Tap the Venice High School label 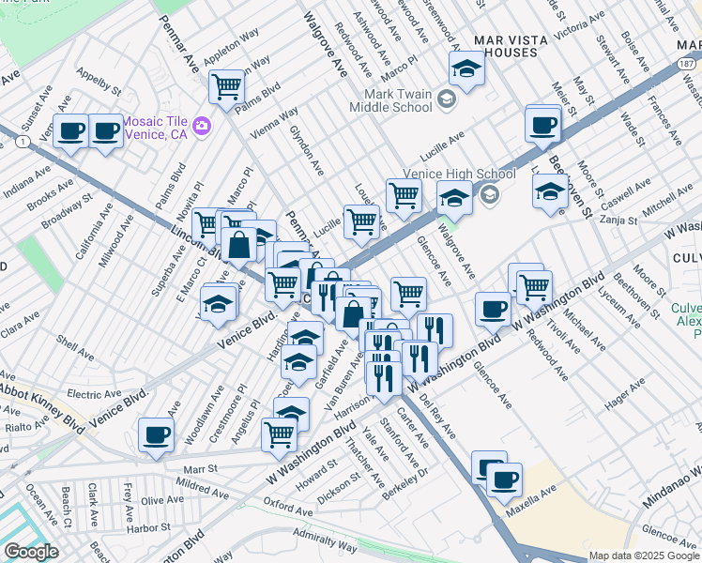click(459, 175)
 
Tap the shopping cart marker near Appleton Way click(227, 87)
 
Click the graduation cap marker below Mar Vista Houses click(466, 67)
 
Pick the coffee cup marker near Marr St click(156, 434)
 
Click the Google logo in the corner click(30, 552)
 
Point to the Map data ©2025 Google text click(645, 555)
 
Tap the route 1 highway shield click(20, 139)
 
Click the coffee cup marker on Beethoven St click(542, 125)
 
